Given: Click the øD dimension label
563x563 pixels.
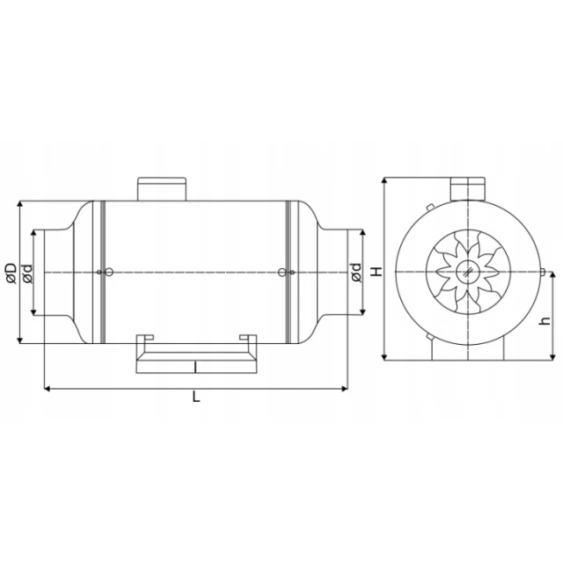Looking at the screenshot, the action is click(11, 274).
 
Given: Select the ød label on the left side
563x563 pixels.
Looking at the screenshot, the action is click(27, 274).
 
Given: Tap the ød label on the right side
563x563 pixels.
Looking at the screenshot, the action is click(355, 273).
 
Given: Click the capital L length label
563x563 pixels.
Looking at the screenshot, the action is click(196, 397).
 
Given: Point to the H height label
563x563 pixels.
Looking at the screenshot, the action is click(376, 272).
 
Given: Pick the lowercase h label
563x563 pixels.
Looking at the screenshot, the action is click(545, 320).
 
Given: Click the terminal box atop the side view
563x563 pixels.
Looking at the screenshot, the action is click(162, 188).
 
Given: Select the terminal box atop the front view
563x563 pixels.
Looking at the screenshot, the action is click(468, 188).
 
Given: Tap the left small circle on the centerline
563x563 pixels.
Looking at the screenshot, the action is click(109, 273).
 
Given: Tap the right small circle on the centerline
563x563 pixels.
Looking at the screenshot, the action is click(282, 273).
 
